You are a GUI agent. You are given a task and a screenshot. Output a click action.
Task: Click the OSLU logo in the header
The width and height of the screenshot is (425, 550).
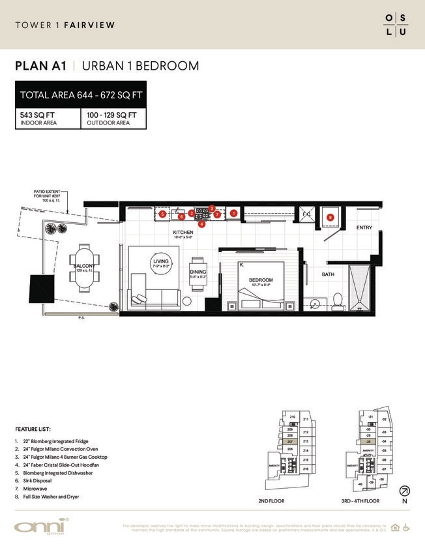coord(397,25)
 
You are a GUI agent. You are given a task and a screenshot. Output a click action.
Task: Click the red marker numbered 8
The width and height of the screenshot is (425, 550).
coord(330,217)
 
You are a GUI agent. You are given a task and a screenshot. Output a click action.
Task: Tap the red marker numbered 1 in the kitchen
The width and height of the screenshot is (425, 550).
coord(233,213)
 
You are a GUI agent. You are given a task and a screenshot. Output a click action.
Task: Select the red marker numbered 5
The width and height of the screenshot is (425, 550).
coord(162,213)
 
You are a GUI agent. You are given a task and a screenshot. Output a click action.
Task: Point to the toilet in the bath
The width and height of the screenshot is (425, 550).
coord(338,300)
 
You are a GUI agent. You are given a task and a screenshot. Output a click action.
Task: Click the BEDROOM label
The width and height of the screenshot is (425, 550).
coord(260,280)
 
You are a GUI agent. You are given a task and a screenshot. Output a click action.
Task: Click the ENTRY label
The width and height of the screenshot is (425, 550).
coord(364,228)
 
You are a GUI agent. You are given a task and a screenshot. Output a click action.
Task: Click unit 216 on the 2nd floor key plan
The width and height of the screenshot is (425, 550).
coord(306,469)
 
